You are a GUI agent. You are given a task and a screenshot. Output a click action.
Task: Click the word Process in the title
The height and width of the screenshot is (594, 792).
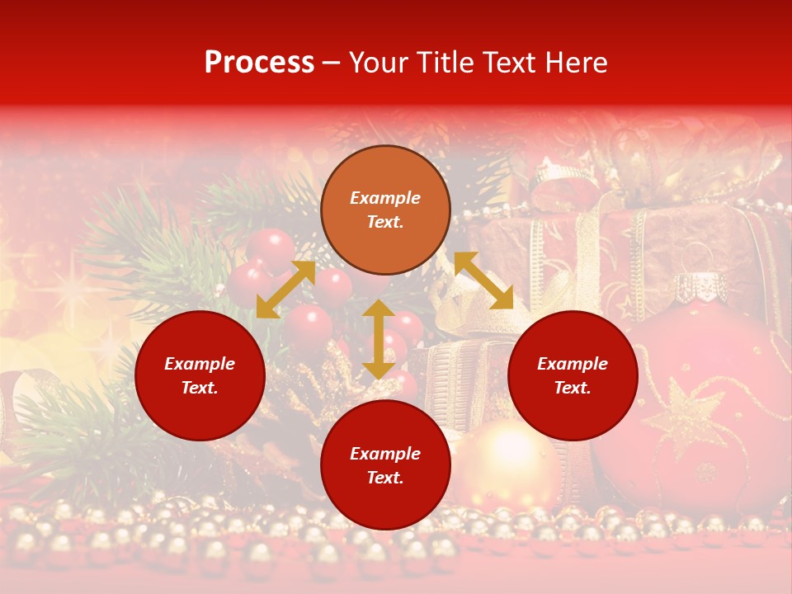click(259, 63)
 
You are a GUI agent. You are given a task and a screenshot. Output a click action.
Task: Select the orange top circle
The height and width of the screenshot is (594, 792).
click(385, 210)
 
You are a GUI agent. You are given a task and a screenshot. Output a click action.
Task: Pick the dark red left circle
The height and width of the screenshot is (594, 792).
click(200, 375)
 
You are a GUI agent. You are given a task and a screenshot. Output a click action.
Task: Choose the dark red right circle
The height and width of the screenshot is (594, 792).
click(573, 375)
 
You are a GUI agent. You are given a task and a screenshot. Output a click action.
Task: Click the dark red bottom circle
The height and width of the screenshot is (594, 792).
click(385, 465)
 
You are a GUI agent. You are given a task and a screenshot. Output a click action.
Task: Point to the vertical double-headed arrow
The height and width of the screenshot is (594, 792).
click(379, 339)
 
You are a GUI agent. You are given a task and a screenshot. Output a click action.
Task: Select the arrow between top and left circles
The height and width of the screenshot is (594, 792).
click(285, 290)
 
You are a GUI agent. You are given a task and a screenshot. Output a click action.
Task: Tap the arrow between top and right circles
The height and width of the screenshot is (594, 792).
click(483, 280)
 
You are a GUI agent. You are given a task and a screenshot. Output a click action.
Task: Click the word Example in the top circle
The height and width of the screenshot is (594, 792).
click(385, 198)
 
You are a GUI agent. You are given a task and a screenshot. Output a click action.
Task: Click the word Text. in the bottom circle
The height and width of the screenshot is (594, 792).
click(385, 478)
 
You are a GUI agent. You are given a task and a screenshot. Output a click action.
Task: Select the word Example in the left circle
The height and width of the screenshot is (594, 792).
click(200, 364)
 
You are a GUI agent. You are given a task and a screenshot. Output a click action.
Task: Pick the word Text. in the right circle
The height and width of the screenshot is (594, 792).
click(573, 388)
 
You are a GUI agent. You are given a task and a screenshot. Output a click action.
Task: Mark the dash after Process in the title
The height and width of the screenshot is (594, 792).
click(332, 63)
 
